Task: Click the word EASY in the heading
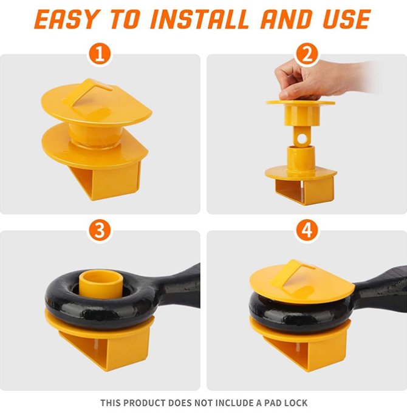pyautogui.click(x=66, y=19)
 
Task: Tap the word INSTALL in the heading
pyautogui.click(x=199, y=19)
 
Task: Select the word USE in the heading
pyautogui.click(x=346, y=19)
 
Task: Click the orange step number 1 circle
pyautogui.click(x=100, y=54)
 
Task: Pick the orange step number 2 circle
pyautogui.click(x=306, y=54)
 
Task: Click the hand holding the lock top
pyautogui.click(x=318, y=80)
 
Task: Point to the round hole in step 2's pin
pyautogui.click(x=301, y=138)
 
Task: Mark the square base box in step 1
pyautogui.click(x=106, y=180)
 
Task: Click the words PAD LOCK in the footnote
pyautogui.click(x=286, y=403)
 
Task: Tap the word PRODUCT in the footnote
pyautogui.click(x=145, y=403)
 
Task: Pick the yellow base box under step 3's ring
pyautogui.click(x=106, y=347)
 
